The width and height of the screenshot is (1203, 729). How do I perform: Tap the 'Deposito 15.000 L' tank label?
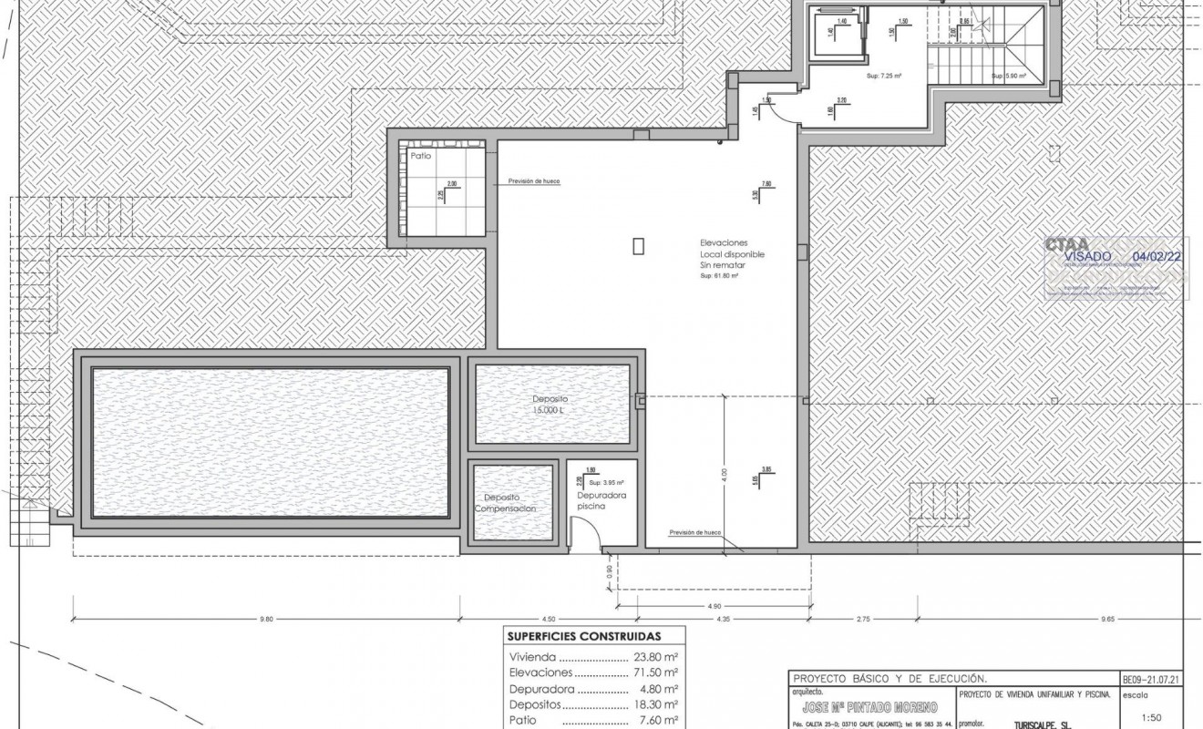[x=550, y=405]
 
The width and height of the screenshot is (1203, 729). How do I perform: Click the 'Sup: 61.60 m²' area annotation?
[x=718, y=275]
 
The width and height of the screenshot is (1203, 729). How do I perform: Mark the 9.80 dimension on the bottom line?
[x=266, y=620]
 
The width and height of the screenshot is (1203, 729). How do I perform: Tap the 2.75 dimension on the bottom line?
[x=864, y=620]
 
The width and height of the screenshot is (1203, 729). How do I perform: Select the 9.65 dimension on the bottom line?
[x=1107, y=620]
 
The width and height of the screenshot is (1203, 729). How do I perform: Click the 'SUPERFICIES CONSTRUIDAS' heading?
[x=583, y=636]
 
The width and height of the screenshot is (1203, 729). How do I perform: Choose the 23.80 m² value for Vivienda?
[x=657, y=656]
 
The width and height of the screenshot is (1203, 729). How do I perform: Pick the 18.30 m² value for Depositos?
[x=657, y=704]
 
